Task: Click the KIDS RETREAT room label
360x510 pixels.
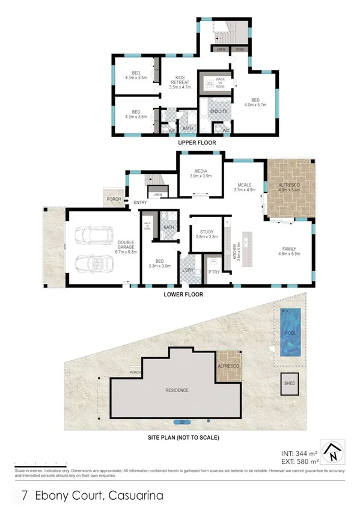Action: point(179,79)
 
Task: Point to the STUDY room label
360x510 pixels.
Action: point(206,230)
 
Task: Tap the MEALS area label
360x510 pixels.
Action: point(244,185)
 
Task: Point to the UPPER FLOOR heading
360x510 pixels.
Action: point(195,145)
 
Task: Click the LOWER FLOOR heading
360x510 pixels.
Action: point(183,295)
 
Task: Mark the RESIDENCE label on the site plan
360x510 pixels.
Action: point(177,390)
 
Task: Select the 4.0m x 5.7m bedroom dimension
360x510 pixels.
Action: point(255,105)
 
